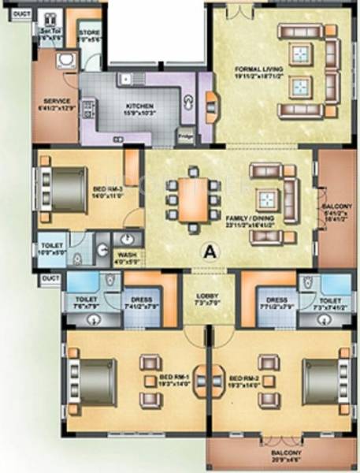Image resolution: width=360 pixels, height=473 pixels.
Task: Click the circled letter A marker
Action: tap(209, 252)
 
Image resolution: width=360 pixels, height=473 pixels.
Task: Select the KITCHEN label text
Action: tap(139, 107)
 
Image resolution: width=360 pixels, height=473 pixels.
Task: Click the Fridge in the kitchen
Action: tap(186, 136)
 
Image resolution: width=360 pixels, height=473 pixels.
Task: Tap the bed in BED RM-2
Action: tap(322, 382)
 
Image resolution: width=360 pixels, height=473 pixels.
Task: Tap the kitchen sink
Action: tap(125, 80)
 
